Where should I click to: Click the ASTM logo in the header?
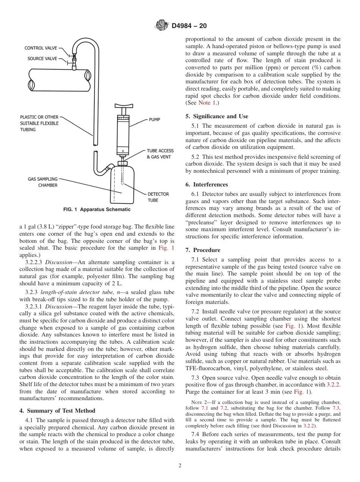(162, 26)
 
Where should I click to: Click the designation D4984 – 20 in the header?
(189, 26)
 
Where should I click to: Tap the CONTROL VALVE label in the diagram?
(41, 48)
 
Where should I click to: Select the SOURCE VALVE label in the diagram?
(42, 59)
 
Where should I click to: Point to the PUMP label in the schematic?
(155, 120)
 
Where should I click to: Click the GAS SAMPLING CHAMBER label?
(42, 182)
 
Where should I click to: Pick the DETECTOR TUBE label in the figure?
(158, 197)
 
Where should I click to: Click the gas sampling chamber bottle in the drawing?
(122, 186)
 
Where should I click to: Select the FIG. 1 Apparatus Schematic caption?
(97, 210)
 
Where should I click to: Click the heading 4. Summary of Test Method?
(57, 411)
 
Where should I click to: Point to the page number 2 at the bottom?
(180, 466)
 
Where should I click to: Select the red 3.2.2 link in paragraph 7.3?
(333, 385)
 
